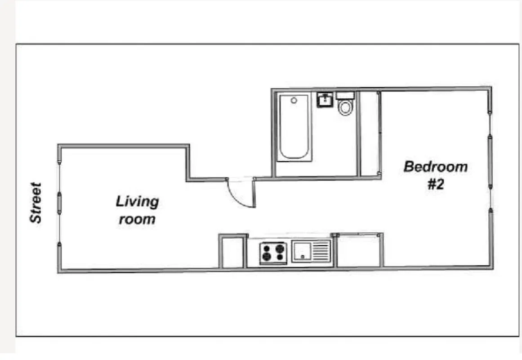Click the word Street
36,202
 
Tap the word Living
137,201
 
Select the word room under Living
137,220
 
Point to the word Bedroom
435,166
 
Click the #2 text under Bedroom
435,184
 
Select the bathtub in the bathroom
294,127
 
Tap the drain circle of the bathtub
294,100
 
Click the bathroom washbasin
324,99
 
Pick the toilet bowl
345,108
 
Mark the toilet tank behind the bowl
345,95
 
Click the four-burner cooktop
273,252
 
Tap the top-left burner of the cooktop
266,247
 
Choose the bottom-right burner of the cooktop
280,257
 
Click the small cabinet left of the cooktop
233,252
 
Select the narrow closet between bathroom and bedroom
369,134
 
